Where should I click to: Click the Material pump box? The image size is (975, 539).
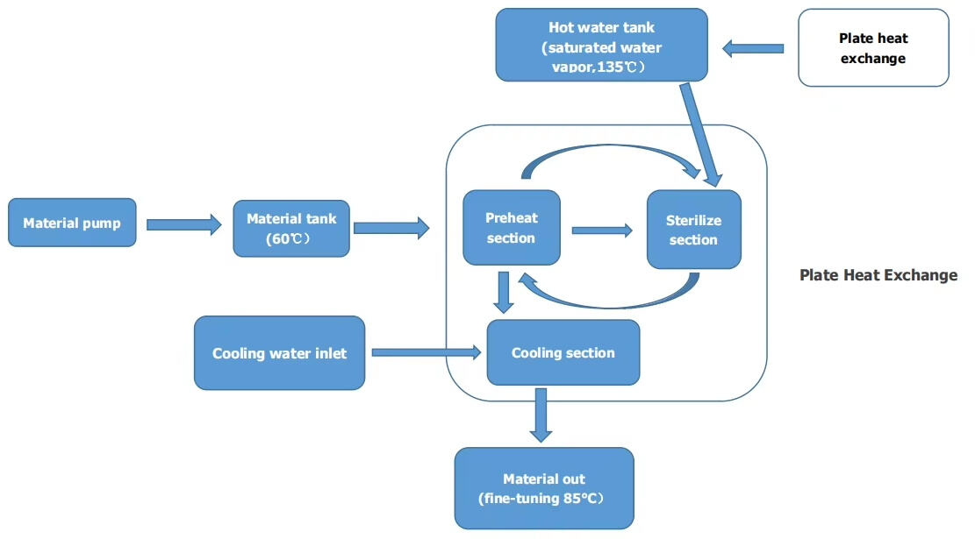pyautogui.click(x=72, y=223)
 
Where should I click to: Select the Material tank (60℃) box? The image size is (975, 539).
pyautogui.click(x=291, y=228)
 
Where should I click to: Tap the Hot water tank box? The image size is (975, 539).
pyautogui.click(x=601, y=46)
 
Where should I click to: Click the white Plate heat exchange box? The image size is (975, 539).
pyautogui.click(x=873, y=48)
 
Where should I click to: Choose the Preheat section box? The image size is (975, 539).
pyautogui.click(x=511, y=228)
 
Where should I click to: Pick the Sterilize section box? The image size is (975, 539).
pyautogui.click(x=693, y=230)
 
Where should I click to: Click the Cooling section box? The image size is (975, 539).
pyautogui.click(x=563, y=352)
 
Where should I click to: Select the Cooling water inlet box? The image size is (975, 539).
pyautogui.click(x=279, y=353)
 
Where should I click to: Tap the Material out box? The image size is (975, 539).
pyautogui.click(x=543, y=488)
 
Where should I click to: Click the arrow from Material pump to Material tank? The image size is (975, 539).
pyautogui.click(x=183, y=224)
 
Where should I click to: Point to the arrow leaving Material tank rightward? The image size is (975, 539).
pyautogui.click(x=391, y=228)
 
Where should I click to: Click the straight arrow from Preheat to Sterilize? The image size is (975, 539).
pyautogui.click(x=602, y=230)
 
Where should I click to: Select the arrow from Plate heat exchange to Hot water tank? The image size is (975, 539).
pyautogui.click(x=753, y=48)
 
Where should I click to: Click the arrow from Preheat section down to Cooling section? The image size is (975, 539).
pyautogui.click(x=503, y=292)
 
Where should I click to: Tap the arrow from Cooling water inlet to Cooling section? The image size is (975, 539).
pyautogui.click(x=427, y=352)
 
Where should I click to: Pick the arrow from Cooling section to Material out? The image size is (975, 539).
pyautogui.click(x=541, y=415)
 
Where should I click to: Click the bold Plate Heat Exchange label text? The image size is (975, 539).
pyautogui.click(x=878, y=275)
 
